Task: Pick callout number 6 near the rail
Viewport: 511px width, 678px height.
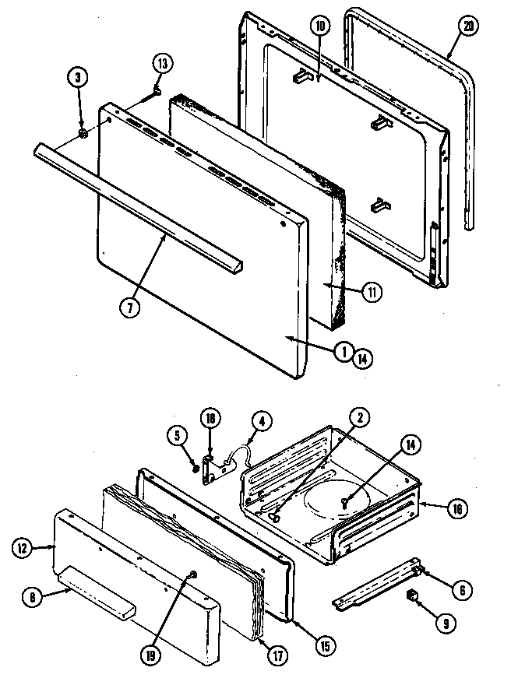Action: (x=462, y=591)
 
